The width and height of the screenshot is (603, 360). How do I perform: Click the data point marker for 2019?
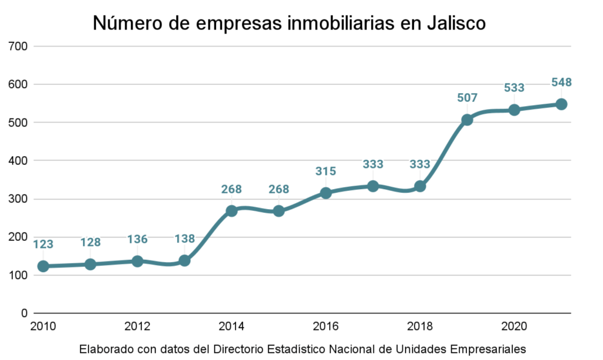[x=467, y=120]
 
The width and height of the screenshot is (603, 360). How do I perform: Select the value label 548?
[x=561, y=82]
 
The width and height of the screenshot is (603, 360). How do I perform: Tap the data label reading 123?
[x=43, y=244]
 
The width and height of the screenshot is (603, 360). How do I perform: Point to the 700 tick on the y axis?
[x=19, y=46]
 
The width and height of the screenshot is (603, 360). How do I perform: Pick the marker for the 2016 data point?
[x=326, y=193]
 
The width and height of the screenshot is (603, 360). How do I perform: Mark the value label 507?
[x=467, y=98]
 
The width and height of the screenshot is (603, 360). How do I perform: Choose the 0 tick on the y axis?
[x=25, y=313]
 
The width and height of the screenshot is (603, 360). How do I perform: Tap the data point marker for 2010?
[x=43, y=266]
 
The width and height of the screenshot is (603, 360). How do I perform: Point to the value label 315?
[x=326, y=171]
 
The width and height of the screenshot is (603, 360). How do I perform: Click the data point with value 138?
[x=184, y=260]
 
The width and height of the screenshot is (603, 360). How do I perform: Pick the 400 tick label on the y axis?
[x=19, y=160]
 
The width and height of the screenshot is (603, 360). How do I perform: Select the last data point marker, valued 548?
[x=561, y=104]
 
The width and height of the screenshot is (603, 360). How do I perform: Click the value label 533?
[x=514, y=88]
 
